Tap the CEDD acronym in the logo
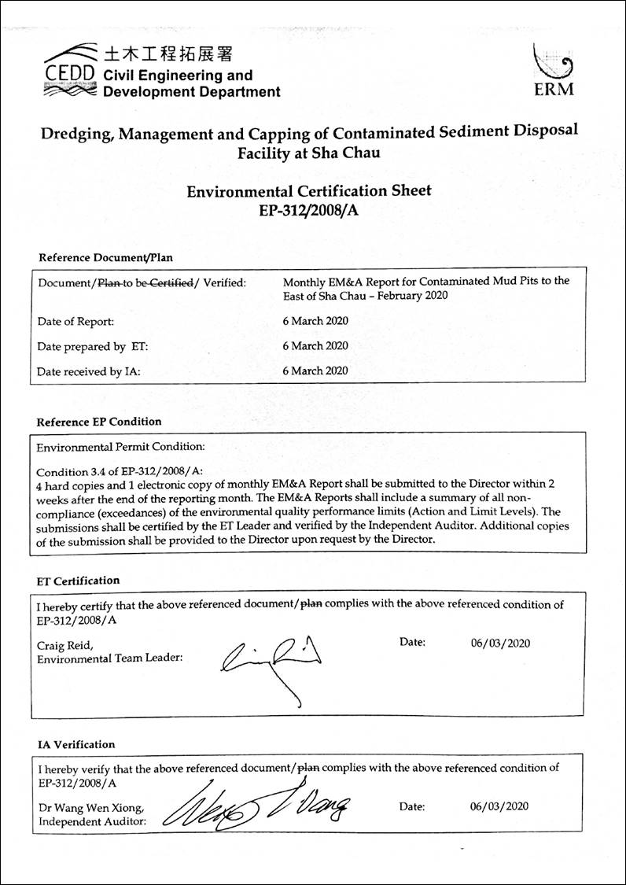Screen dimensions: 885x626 (x=68, y=75)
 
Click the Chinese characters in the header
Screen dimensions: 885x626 (x=168, y=54)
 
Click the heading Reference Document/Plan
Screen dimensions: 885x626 (x=105, y=257)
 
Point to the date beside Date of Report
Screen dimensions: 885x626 (x=315, y=321)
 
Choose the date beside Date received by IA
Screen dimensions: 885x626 (x=315, y=371)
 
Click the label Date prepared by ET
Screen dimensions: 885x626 (x=93, y=346)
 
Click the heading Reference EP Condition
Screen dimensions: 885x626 (x=99, y=422)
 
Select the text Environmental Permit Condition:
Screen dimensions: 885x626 (x=120, y=446)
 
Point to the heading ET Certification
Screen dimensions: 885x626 (x=79, y=581)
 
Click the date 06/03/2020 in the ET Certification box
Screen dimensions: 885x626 (x=500, y=643)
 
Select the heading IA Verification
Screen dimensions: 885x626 (x=76, y=744)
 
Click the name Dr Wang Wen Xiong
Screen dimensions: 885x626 (x=90, y=808)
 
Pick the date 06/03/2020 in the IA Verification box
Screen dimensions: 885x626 (x=499, y=806)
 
